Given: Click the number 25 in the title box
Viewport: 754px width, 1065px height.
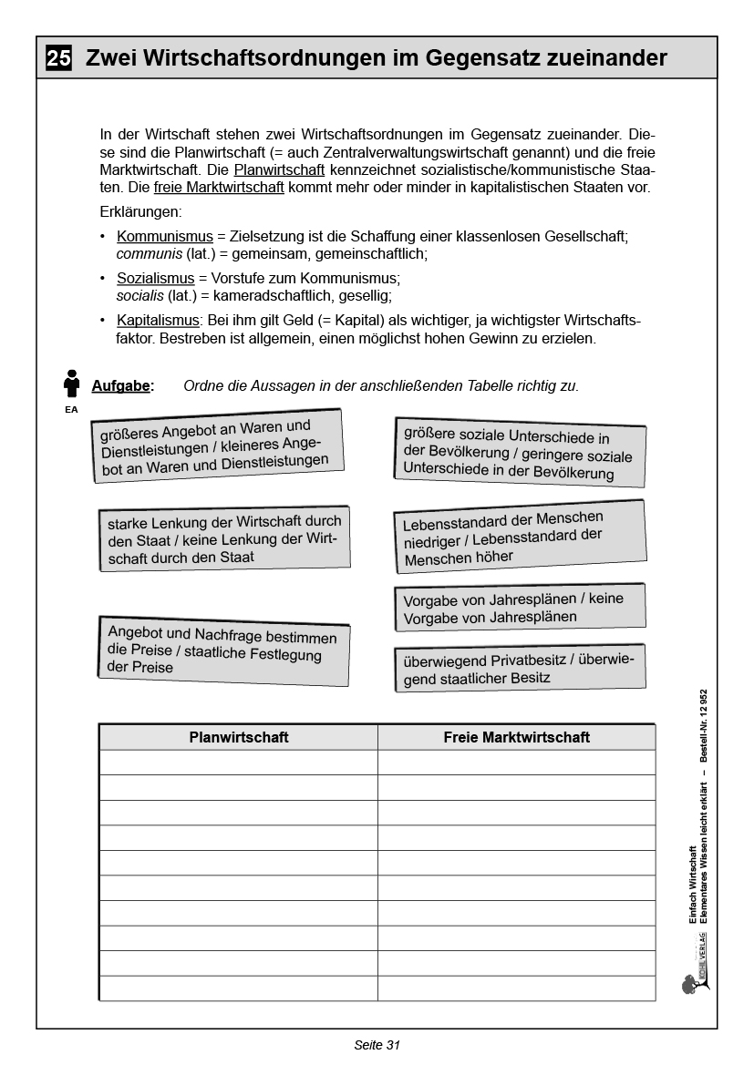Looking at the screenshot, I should (58, 59).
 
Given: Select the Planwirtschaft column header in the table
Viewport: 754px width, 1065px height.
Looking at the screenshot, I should (238, 737).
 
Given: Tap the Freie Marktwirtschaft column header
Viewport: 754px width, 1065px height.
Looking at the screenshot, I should (516, 737).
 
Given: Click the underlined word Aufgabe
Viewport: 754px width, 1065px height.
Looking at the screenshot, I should (121, 386).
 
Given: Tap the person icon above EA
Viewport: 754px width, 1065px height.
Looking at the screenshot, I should (71, 384).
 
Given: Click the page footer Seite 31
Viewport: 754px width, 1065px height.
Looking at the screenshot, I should (377, 1045).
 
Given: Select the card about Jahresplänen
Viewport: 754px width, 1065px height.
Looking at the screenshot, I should (520, 608).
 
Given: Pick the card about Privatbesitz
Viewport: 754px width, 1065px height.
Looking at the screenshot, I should (520, 669).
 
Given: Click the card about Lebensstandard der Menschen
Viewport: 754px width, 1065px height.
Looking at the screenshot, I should (520, 537).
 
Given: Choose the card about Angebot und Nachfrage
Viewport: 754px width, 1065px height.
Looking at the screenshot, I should (222, 650).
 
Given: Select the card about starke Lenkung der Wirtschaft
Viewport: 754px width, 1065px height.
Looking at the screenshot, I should (223, 538).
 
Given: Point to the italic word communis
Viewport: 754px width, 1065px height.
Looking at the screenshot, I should (149, 253).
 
